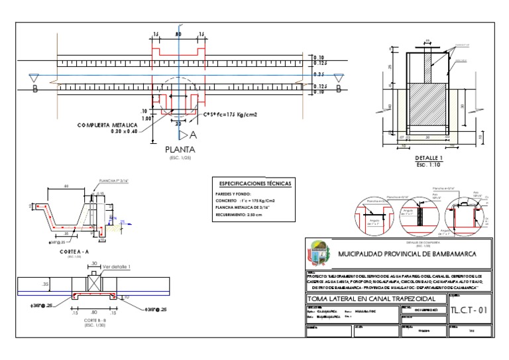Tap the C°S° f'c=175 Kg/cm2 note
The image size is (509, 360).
point(230,115)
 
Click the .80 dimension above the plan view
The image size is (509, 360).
point(178,33)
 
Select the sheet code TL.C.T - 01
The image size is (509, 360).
point(469,310)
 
